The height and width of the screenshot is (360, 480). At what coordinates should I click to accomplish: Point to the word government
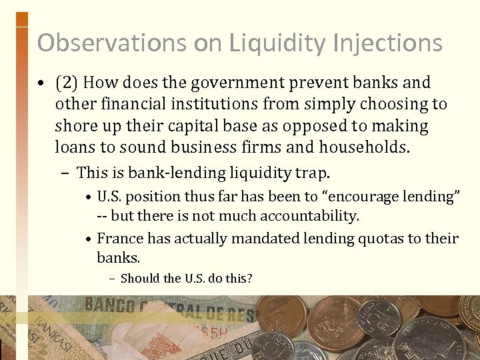pos(230,83)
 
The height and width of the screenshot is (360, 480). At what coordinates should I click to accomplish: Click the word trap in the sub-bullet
pos(313,173)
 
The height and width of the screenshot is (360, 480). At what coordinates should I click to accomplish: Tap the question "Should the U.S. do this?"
pos(186,279)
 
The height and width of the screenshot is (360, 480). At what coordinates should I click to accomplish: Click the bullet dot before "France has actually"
pos(88,239)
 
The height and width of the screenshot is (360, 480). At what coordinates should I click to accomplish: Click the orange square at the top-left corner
pos(21,19)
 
